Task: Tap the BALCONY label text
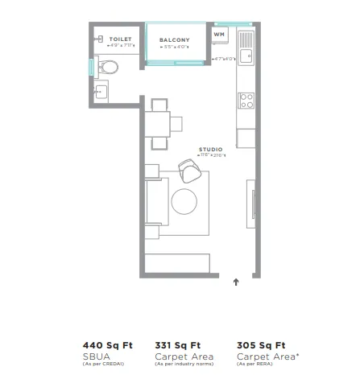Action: [174, 39]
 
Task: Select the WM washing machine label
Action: [219, 35]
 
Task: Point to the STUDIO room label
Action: [211, 149]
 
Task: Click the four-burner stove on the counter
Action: [246, 101]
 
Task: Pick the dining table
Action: [159, 124]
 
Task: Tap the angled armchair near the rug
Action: [190, 170]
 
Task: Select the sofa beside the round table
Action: [152, 201]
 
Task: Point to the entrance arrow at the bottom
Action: [235, 282]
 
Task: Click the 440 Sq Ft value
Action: [106, 344]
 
